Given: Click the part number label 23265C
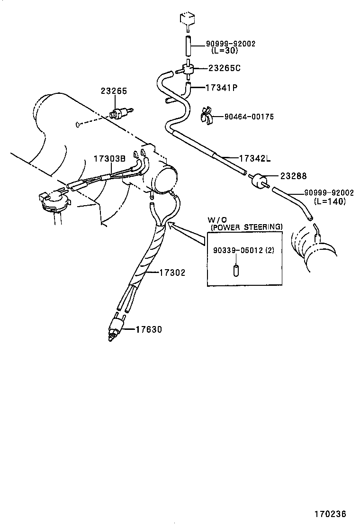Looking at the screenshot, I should pos(224,68).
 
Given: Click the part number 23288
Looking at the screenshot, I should pos(293,176).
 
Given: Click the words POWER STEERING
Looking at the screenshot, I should pos(246,227).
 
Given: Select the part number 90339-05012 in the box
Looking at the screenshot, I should pos(235,251).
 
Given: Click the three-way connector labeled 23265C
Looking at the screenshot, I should pos(189,70).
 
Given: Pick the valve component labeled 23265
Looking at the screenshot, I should pos(118,114).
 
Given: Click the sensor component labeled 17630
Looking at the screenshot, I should pos(115,327).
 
